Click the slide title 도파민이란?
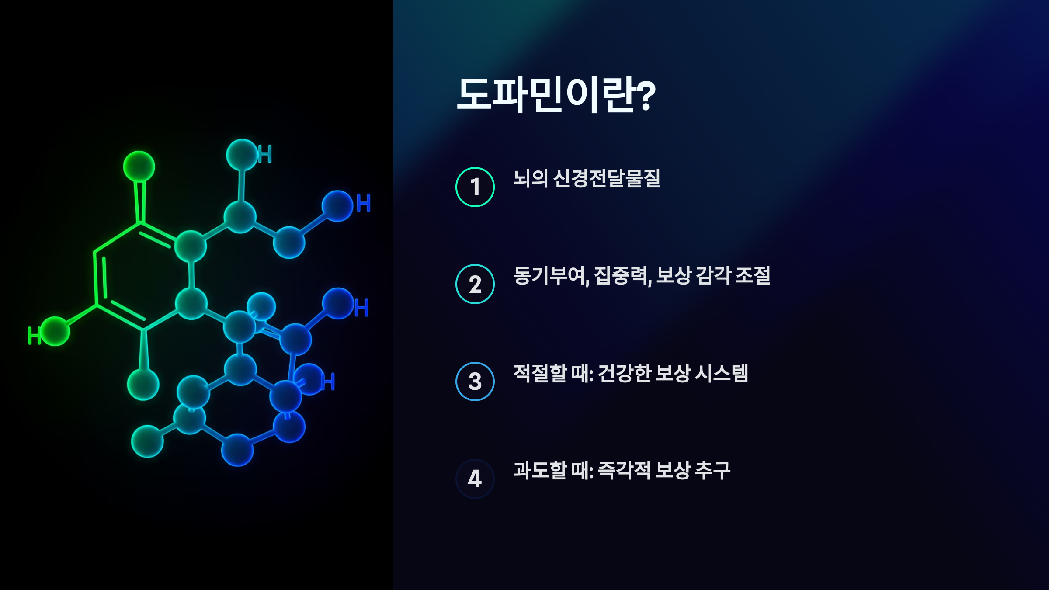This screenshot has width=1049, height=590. pos(555,95)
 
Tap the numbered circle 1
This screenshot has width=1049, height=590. pos(475,187)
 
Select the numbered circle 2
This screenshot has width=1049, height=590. pos(475,284)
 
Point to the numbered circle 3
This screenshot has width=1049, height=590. pos(475,382)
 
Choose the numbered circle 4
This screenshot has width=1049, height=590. pos(475,479)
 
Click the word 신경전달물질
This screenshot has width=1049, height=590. pos(607,178)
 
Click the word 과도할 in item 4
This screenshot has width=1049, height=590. pos(540,470)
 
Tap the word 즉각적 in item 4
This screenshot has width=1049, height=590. pos(624,470)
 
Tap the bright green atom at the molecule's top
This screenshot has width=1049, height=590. pos(139,167)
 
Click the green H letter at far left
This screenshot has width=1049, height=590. pos(33,336)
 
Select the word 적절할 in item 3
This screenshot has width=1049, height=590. pos(540,373)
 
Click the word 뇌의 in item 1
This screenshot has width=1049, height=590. pos(531,178)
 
